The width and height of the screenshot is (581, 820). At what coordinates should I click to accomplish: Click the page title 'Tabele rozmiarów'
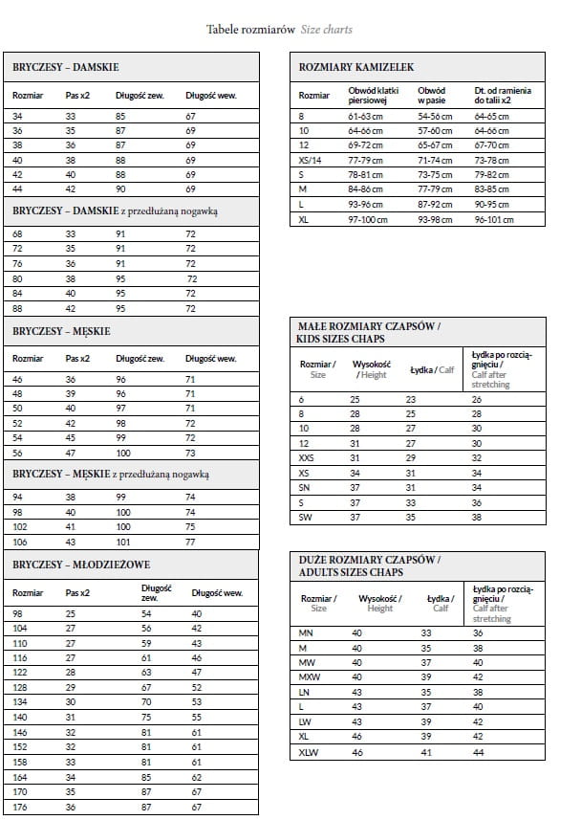coord(251,30)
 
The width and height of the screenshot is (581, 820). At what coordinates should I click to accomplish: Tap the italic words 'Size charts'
coord(327,30)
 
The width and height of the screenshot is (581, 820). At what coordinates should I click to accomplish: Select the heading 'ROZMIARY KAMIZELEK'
coord(356,67)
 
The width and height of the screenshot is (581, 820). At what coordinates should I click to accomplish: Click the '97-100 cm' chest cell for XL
coord(368,219)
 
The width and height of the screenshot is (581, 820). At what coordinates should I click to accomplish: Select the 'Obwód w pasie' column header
coord(432,95)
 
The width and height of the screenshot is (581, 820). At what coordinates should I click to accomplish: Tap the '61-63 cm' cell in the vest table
coord(365,116)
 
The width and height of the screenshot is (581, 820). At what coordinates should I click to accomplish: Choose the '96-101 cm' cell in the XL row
coord(493,219)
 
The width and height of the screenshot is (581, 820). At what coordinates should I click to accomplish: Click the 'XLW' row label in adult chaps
coord(309,753)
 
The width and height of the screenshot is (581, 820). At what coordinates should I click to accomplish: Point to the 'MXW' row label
coord(309,676)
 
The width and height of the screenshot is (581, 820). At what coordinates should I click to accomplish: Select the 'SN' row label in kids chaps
coord(305,487)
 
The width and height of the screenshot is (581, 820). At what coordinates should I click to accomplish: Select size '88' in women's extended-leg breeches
coord(17,308)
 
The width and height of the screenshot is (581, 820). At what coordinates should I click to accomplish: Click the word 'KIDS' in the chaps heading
coord(312,339)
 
